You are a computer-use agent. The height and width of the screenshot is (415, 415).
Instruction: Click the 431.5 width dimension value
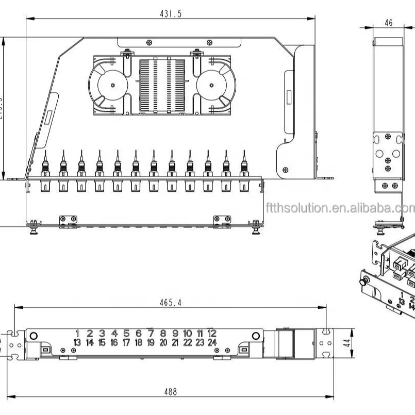tap(170, 14)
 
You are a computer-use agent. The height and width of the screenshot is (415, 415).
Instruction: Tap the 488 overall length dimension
tap(171, 392)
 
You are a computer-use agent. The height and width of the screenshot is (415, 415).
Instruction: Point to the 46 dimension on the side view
tap(388, 23)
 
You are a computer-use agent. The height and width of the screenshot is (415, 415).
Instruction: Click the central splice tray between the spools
tap(162, 85)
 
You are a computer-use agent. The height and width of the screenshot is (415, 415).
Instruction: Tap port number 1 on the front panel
tap(77, 334)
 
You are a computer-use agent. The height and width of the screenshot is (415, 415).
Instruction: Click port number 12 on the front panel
tap(212, 334)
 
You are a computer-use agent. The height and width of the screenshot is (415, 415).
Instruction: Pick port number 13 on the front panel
tap(77, 342)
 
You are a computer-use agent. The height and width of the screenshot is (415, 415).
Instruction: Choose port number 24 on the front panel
tap(212, 342)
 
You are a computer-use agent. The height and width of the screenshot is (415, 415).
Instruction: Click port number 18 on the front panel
tap(139, 342)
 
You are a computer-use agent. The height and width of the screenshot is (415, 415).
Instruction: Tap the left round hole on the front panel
tap(34, 336)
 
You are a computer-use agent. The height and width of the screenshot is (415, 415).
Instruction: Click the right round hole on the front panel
tap(255, 336)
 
